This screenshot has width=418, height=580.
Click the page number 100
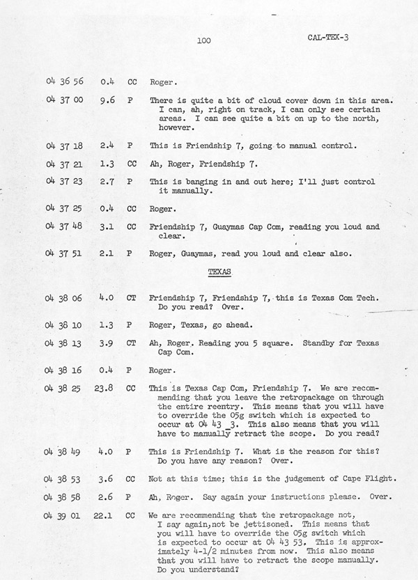(x=203, y=42)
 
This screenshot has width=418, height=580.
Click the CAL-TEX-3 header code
(x=328, y=37)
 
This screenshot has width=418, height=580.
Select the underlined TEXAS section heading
(x=219, y=269)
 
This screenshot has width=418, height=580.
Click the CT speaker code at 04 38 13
(x=131, y=343)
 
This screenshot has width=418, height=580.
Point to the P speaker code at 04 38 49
(x=131, y=451)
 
